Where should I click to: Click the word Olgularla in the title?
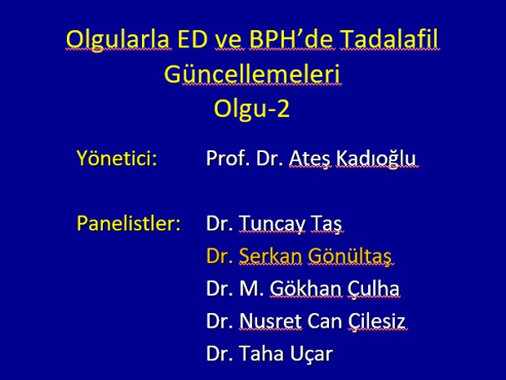coord(118,39)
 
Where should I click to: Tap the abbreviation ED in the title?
coord(193,38)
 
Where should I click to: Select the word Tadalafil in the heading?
coord(389,38)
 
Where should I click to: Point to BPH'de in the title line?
coord(291,38)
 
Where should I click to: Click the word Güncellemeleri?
coord(252,74)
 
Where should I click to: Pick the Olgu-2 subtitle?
coord(251,108)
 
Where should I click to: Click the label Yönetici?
coord(117,158)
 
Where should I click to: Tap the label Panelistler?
coord(128,223)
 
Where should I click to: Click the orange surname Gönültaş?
coord(349,256)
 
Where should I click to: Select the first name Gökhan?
coord(305,288)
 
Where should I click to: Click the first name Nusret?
coord(270,321)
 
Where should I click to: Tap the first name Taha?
coord(260,354)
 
